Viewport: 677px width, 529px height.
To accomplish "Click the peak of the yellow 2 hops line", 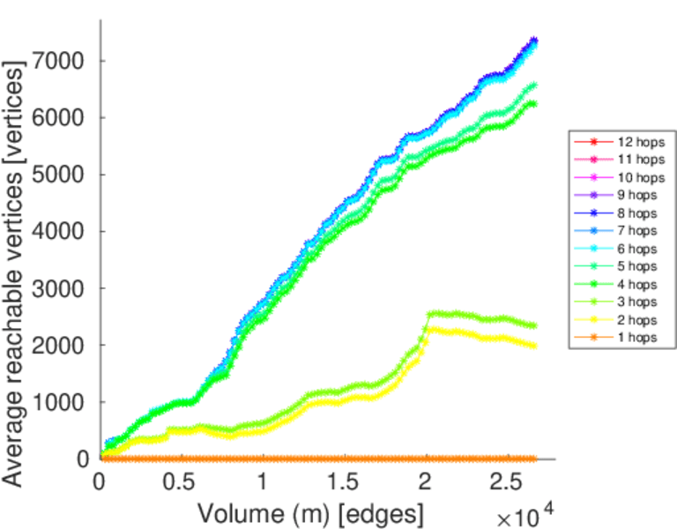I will [431, 329].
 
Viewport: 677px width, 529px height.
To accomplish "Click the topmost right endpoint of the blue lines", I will [533, 41].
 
